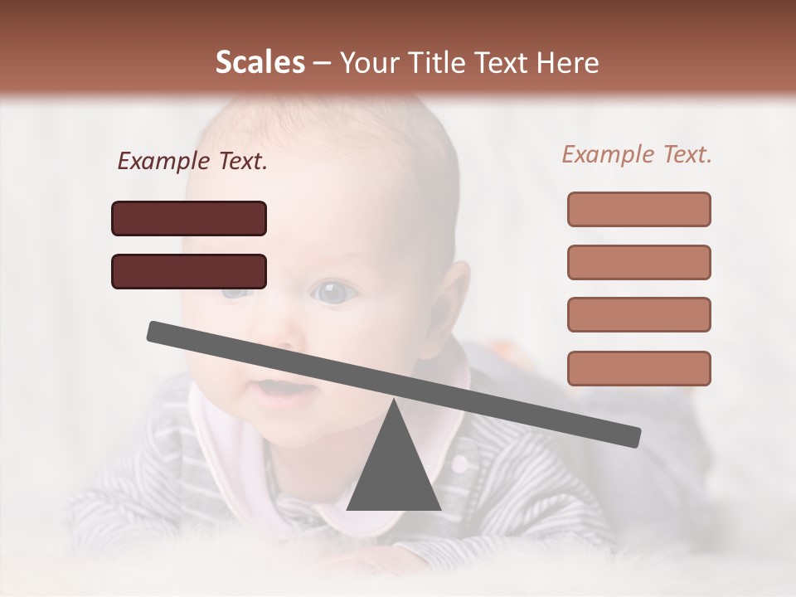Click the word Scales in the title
(260, 62)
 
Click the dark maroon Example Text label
(192, 162)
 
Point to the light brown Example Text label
(637, 154)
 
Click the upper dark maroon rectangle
(189, 218)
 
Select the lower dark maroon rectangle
(189, 271)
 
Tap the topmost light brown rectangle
(638, 209)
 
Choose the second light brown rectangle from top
(638, 262)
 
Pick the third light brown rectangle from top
(638, 315)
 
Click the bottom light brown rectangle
(638, 368)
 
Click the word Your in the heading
(366, 63)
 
